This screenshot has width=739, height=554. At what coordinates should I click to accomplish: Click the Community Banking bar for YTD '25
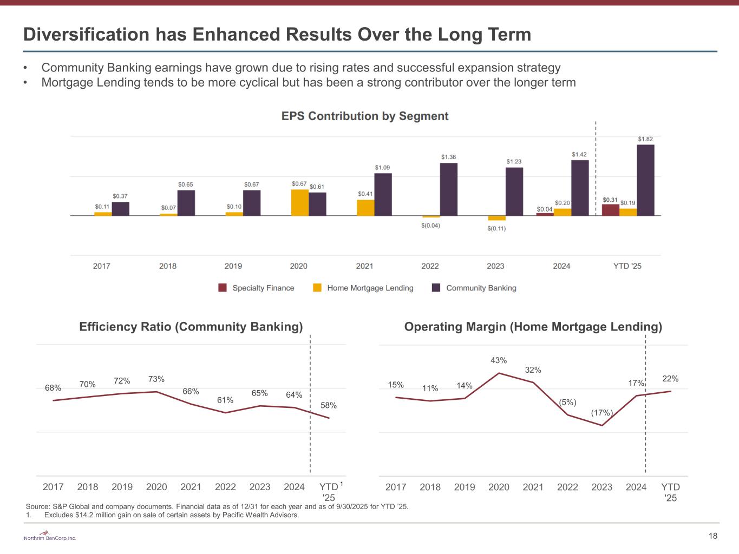pos(645,180)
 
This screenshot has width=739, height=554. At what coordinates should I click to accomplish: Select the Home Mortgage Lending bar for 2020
pos(300,203)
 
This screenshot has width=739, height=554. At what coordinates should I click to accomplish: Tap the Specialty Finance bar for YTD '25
pos(611,210)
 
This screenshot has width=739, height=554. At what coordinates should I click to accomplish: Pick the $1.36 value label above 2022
pos(448,157)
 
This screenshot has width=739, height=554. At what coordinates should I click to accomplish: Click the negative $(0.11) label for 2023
pos(496,228)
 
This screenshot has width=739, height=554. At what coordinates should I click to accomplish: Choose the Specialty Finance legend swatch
pos(223,288)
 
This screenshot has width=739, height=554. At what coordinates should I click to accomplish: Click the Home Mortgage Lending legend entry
pos(370,288)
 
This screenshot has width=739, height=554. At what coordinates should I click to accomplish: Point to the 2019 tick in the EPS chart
pos(233,266)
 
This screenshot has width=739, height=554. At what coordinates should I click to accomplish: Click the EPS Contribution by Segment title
pos(365,116)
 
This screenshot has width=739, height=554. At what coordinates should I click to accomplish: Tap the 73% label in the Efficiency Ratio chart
pos(156,379)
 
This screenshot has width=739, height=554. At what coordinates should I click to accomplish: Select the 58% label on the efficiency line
pos(329,405)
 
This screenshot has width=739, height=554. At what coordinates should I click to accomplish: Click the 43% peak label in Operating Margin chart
pos(499,360)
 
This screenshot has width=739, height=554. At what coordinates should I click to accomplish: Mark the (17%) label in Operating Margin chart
pos(601,413)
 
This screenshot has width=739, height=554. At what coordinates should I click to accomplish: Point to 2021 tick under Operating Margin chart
pos(533,487)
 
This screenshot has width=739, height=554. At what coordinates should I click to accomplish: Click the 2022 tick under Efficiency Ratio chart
pos(225,487)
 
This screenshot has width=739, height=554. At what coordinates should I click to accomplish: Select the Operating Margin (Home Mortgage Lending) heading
pos(533,327)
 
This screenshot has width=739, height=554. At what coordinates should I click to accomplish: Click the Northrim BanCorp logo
pos(50,537)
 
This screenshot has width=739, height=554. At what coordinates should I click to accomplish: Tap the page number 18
pos(713,536)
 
